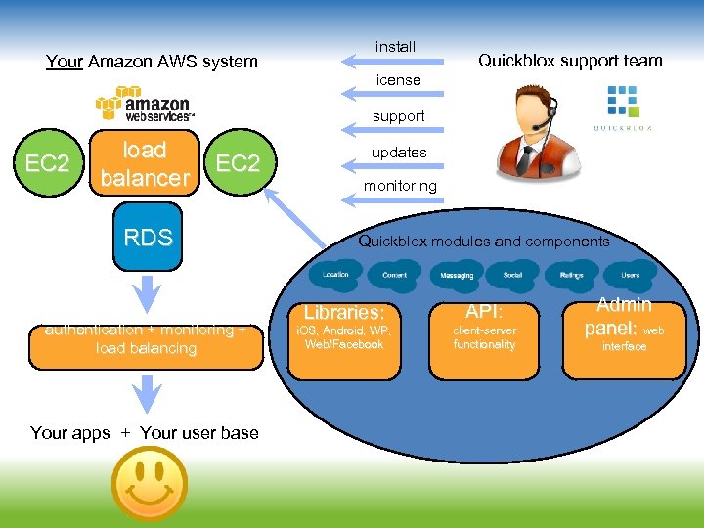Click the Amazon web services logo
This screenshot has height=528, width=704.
pos(145,105)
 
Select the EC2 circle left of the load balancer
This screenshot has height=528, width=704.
pos(47,163)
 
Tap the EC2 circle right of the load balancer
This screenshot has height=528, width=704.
pos(238,162)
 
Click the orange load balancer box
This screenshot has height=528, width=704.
pos(144,164)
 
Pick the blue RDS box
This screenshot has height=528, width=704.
pos(148,237)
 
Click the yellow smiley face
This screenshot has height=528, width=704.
pos(150,482)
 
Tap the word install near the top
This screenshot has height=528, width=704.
pos(396,47)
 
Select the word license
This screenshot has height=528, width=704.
pos(396,80)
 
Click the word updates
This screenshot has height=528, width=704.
pos(399,153)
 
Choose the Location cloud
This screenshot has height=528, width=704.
pos(335,275)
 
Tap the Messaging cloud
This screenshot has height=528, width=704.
pos(456,276)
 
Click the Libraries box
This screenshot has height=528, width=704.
pos(344,338)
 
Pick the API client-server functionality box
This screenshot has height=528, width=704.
pos(484,338)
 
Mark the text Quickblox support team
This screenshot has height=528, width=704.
pos(570,61)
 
